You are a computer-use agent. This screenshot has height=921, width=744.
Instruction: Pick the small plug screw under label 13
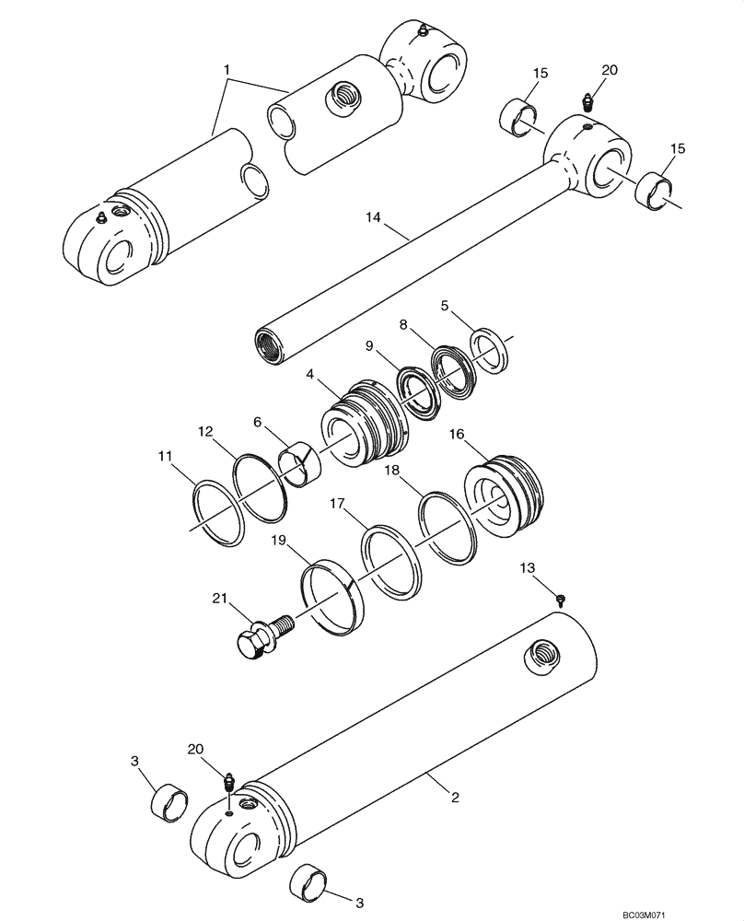[x=561, y=599]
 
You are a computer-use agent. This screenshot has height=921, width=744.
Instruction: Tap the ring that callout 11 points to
[x=217, y=512]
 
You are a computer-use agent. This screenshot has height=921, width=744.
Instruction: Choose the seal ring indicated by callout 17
[x=391, y=562]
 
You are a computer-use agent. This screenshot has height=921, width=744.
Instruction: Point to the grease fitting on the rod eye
[x=587, y=101]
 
